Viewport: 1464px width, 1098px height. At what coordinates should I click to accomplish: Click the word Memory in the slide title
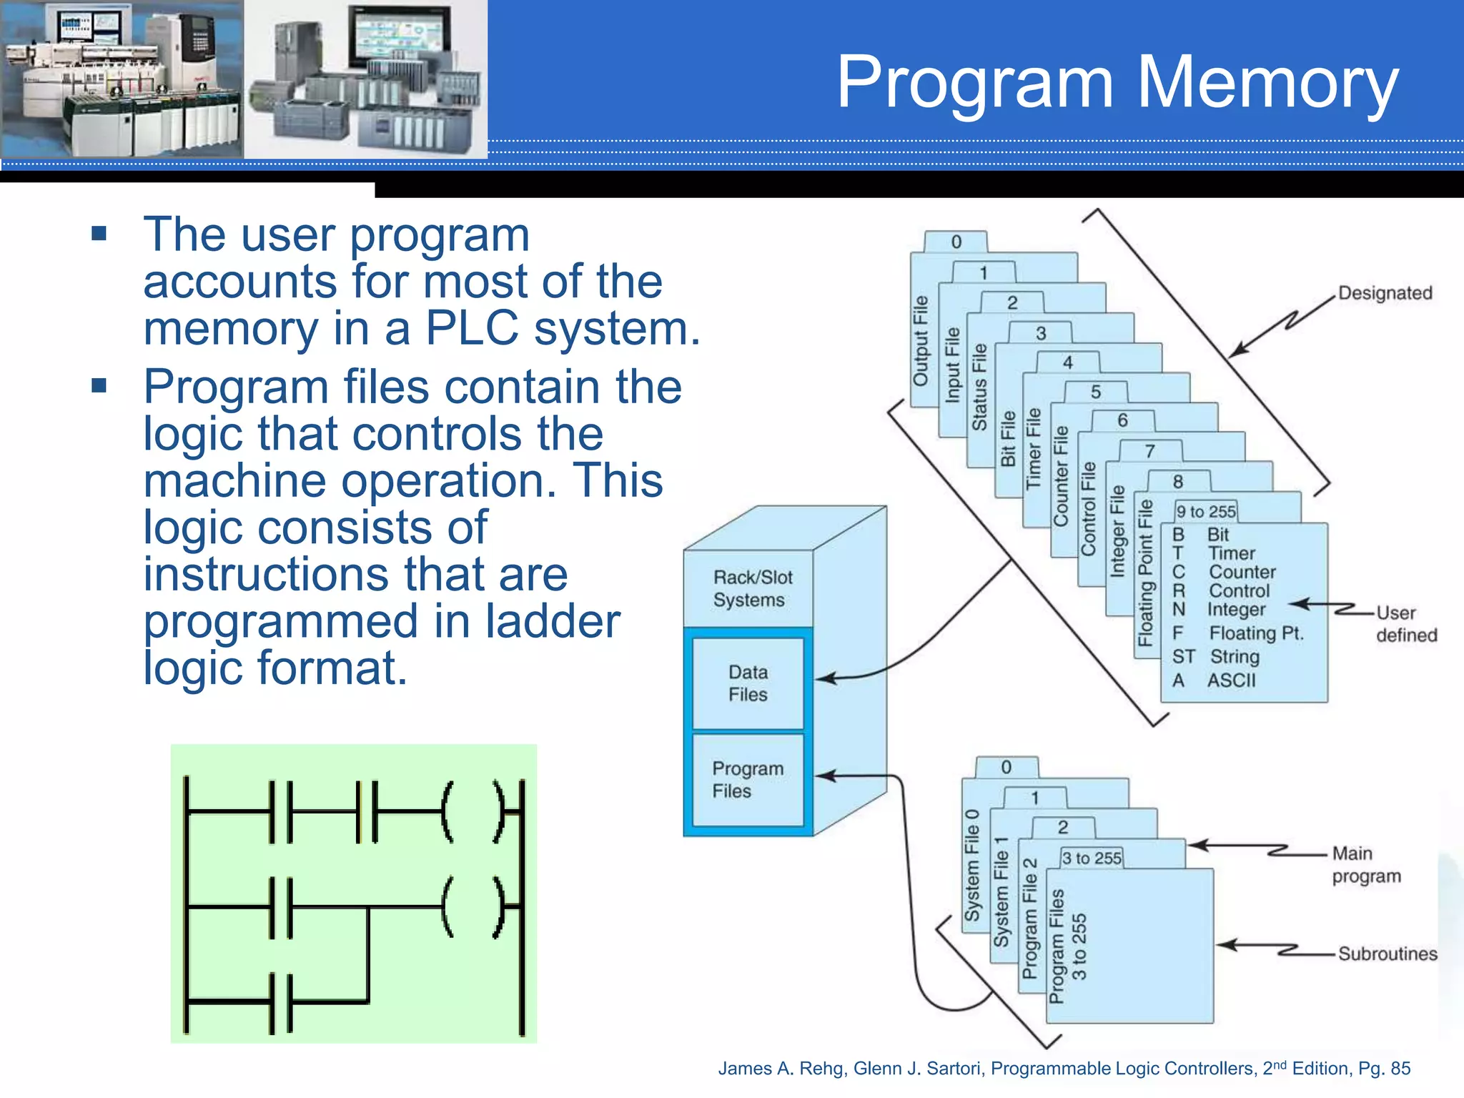tap(1266, 83)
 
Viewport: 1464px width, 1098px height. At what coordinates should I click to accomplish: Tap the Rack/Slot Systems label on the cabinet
tap(752, 588)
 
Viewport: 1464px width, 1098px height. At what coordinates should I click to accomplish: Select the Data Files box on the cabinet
tap(748, 683)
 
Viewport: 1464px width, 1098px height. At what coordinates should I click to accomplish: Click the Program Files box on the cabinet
tap(748, 780)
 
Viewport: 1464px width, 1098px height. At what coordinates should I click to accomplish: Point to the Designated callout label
tap(1385, 293)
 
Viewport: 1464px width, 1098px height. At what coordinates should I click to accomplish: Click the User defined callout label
tap(1405, 624)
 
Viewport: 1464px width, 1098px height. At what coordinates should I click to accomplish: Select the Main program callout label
tap(1365, 864)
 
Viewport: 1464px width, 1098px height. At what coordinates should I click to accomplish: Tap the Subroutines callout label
tap(1387, 954)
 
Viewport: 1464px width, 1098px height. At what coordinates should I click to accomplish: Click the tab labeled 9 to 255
tap(1206, 512)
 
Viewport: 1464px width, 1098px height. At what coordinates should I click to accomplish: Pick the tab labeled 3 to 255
tap(1092, 858)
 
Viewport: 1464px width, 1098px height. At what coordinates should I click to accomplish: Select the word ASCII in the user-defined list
tap(1231, 680)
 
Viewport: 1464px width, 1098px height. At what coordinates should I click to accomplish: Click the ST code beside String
tap(1183, 656)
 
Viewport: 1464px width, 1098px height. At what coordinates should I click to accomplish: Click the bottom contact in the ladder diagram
tap(281, 1003)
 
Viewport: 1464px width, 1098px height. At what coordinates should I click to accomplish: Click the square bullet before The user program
tap(99, 234)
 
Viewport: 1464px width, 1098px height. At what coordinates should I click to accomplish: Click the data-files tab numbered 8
tap(1177, 482)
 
